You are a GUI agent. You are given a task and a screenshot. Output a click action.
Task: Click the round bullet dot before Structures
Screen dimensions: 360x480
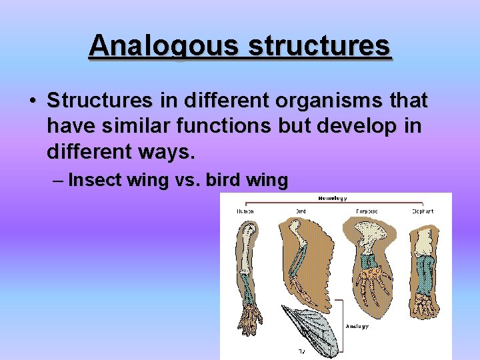pos(32,101)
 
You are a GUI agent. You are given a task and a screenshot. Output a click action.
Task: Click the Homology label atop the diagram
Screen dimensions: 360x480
pos(333,198)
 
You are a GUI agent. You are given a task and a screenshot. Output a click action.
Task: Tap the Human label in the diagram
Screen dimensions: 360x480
pos(245,211)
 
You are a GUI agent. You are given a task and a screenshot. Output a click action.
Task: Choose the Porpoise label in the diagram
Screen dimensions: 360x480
pos(366,211)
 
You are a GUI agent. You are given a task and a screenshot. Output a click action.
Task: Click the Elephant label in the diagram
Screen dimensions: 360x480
pos(423,211)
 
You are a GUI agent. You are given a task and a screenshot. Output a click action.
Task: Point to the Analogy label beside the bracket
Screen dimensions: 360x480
pos(357,326)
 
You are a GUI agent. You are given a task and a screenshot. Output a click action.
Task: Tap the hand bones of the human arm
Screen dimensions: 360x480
pos(251,319)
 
